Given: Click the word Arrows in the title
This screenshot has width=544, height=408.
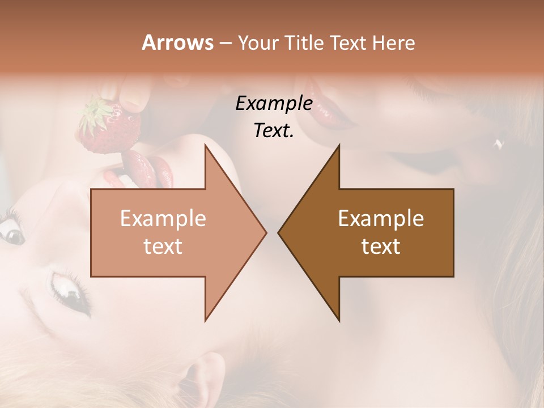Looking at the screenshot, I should (x=177, y=42).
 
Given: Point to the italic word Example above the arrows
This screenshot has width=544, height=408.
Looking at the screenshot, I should (x=274, y=103).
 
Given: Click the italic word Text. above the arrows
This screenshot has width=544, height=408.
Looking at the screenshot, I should (x=274, y=130).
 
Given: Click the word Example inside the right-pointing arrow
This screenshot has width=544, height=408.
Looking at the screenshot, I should (x=163, y=218).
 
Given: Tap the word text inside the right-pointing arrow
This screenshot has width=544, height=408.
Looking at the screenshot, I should (x=163, y=246).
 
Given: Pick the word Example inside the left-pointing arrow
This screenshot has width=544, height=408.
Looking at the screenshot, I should (x=381, y=218).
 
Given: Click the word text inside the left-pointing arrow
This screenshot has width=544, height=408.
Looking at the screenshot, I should (x=381, y=246).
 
